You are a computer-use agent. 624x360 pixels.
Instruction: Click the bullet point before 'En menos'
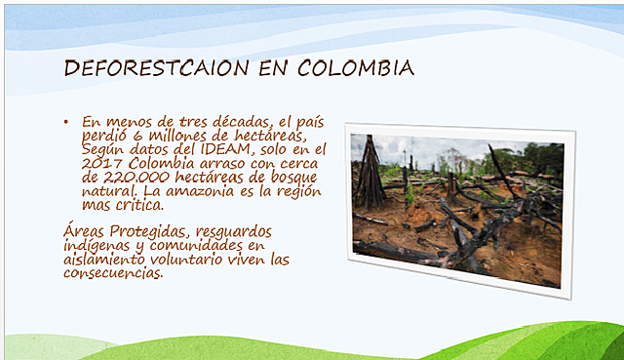64,122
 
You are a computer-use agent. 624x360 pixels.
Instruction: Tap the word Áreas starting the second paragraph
82,230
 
